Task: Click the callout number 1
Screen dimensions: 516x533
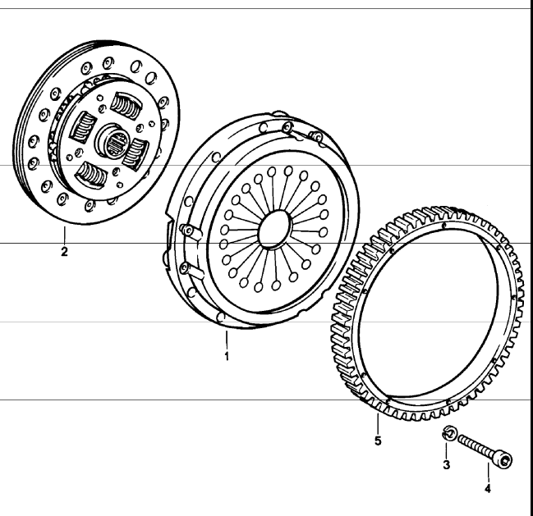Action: tap(227, 357)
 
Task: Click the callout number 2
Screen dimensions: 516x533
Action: tap(64, 253)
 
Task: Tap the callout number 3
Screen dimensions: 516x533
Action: tap(447, 465)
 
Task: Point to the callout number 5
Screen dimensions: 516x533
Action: tap(378, 441)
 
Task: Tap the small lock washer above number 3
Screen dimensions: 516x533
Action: tap(448, 435)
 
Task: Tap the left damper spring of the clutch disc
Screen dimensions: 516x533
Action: tap(85, 125)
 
